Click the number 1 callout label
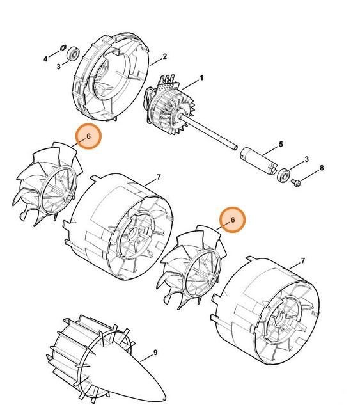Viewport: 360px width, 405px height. coord(202,78)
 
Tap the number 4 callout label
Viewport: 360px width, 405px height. coord(45,59)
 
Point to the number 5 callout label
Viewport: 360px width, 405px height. coord(279,145)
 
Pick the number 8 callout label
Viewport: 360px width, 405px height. coord(322,168)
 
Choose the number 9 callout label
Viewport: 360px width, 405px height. coord(155,353)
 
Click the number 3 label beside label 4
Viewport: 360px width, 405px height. coord(58,66)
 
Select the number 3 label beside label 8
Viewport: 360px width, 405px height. coord(307,159)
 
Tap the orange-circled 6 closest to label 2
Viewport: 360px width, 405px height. coord(89,137)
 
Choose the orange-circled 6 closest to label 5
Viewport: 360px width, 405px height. coord(233,219)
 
